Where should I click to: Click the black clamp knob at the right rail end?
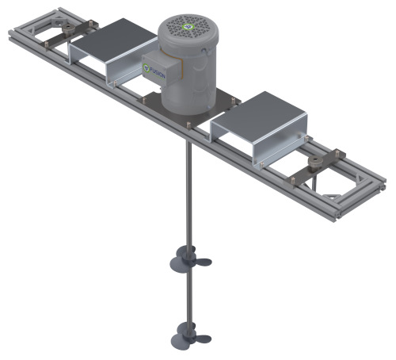pos(318,163)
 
